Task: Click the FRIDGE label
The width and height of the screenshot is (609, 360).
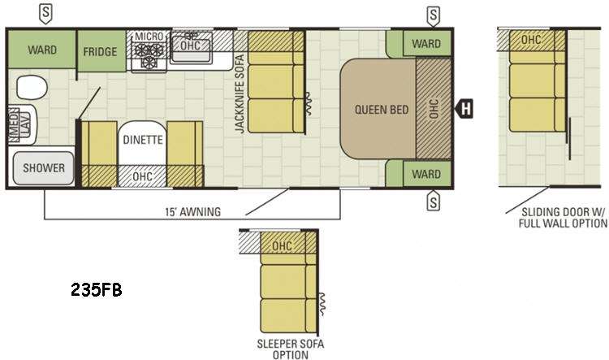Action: pos(100,52)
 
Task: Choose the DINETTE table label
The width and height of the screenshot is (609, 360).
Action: pos(143,139)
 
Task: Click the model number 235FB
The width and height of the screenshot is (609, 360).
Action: pos(95,290)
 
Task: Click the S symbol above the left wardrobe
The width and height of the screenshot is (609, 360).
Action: pos(48,12)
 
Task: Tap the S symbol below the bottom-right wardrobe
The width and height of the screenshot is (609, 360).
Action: pos(434,200)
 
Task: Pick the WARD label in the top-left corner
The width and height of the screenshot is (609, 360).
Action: pos(41,50)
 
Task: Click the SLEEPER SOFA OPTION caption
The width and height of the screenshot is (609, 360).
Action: pos(290,347)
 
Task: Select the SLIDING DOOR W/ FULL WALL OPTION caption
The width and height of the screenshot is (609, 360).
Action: pos(551,217)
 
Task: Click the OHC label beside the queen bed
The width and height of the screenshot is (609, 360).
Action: pos(434,108)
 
